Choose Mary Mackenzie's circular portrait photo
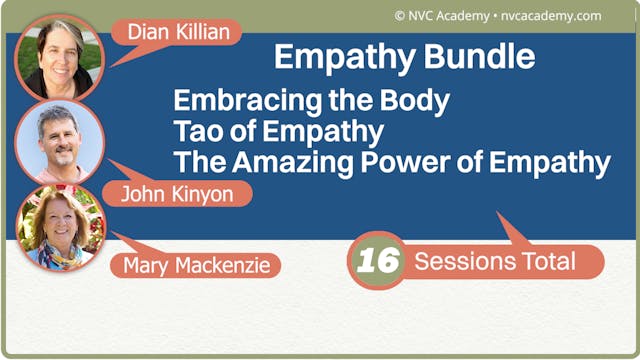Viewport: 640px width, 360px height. (x=60, y=228)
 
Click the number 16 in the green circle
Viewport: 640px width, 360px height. (x=378, y=262)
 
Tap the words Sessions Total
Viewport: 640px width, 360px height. (x=495, y=262)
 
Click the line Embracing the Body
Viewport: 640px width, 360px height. (x=311, y=101)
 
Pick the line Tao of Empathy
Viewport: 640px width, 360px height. (x=278, y=131)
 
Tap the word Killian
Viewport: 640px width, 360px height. (x=205, y=32)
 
